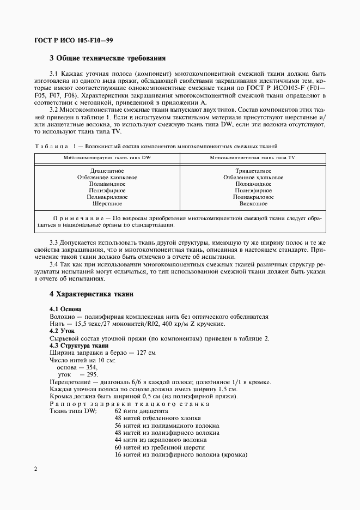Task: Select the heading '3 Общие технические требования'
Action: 107,58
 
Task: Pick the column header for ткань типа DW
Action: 107,157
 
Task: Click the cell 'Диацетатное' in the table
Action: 107,171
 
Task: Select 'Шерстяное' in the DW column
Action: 107,204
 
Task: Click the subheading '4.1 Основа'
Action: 65,309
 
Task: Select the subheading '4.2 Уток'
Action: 62,331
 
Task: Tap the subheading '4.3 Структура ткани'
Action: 79,345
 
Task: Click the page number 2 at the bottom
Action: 35,469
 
